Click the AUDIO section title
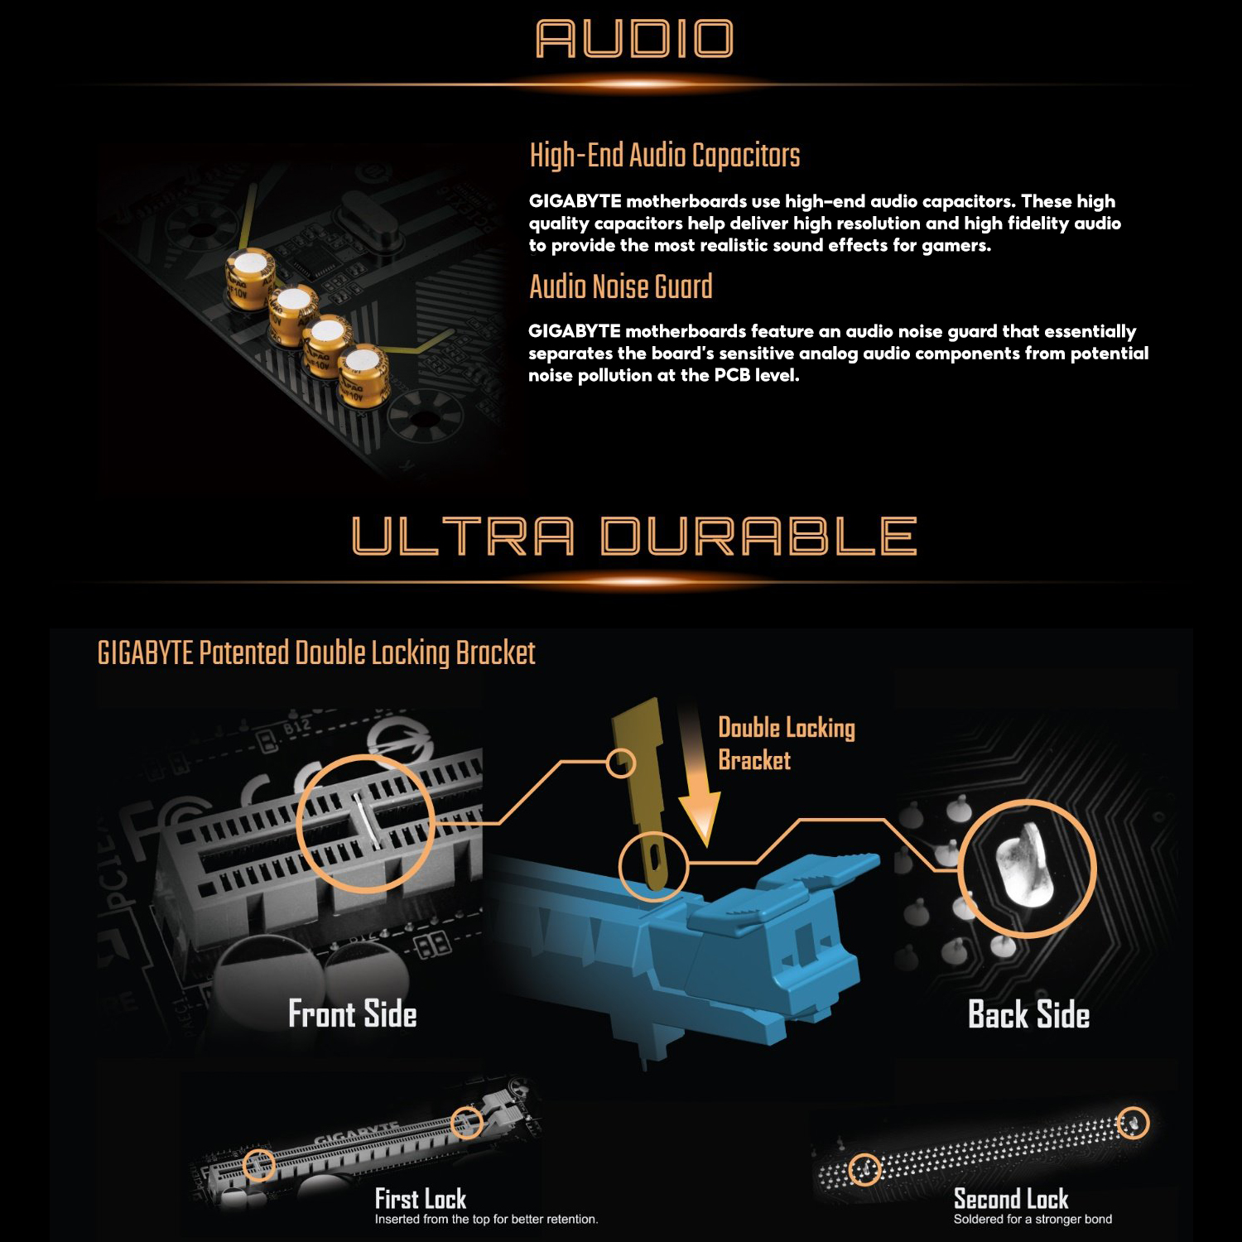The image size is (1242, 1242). (634, 39)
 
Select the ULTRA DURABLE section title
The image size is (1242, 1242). (634, 536)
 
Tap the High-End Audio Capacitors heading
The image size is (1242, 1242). (664, 156)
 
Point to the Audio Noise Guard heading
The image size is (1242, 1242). (620, 286)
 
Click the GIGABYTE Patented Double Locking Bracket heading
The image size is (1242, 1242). (316, 653)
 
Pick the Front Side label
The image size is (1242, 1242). (352, 1014)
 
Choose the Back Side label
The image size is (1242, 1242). (1028, 1015)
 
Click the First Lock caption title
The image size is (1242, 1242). (420, 1199)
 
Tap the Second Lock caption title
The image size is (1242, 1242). (1010, 1199)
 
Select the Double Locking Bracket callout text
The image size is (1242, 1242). (786, 744)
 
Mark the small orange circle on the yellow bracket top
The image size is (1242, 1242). (621, 763)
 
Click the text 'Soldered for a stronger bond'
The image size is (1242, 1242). (1033, 1220)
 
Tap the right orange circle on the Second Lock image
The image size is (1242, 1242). (1133, 1124)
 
